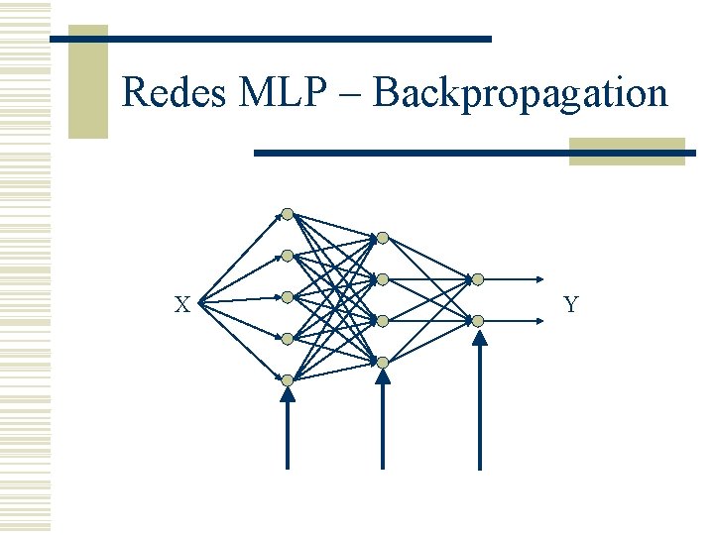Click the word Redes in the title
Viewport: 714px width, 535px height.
click(176, 94)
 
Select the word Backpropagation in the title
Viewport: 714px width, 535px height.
click(522, 94)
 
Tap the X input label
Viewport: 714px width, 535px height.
click(182, 305)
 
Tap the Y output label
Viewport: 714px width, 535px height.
click(571, 305)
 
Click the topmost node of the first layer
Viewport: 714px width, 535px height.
click(288, 214)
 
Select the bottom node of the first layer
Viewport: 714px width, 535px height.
click(288, 380)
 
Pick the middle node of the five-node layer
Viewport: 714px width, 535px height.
click(288, 297)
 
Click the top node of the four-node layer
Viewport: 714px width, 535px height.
click(383, 238)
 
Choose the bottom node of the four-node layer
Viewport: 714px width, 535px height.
click(383, 363)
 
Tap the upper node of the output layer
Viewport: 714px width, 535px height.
click(478, 279)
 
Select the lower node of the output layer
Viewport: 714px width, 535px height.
click(478, 321)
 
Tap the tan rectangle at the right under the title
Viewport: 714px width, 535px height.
click(627, 151)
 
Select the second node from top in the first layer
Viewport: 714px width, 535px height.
click(288, 256)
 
